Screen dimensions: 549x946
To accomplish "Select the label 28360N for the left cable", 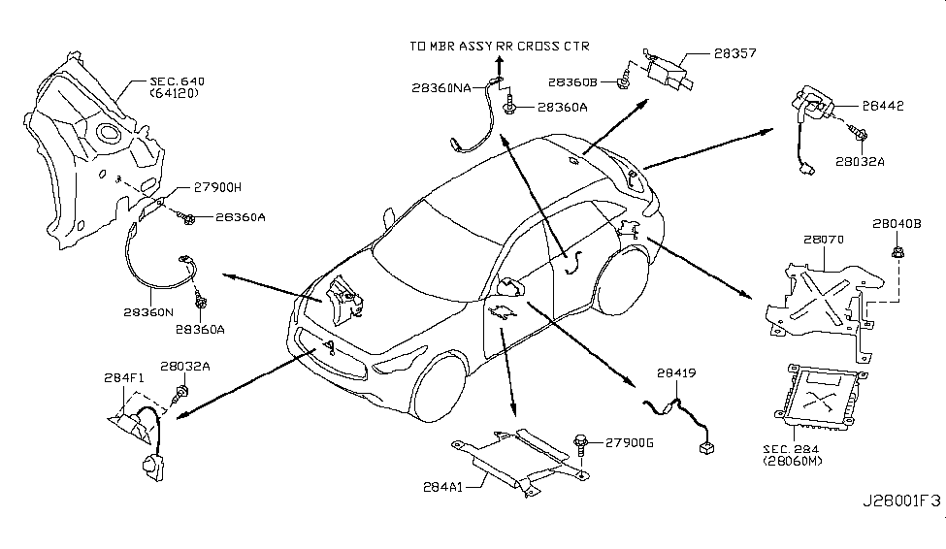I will [148, 313].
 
